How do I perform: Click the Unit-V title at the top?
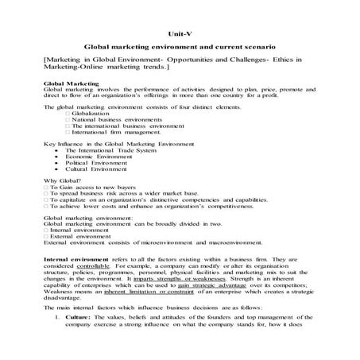(x=179, y=34)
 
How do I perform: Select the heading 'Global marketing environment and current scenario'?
(x=179, y=48)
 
